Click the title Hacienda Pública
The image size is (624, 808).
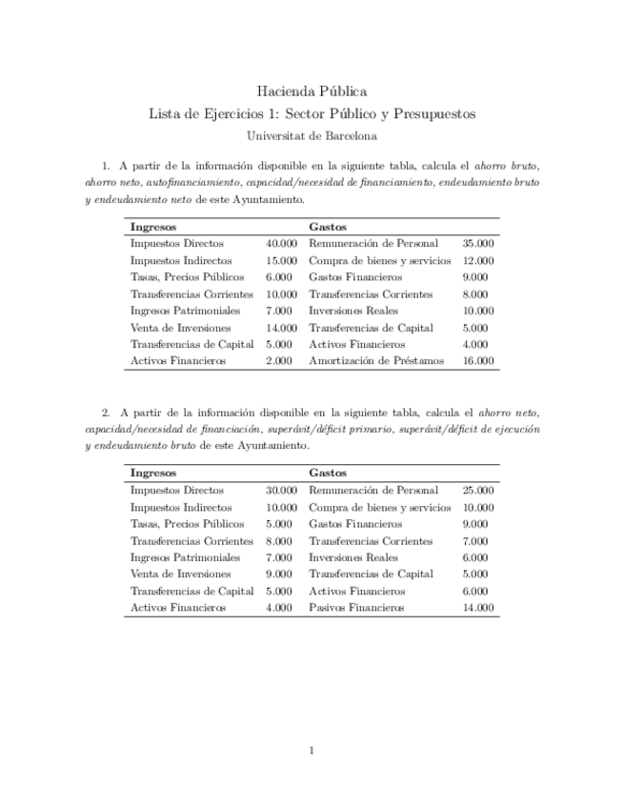click(x=312, y=91)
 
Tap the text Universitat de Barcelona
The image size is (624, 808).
click(x=312, y=136)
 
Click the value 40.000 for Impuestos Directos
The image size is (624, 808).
click(x=281, y=244)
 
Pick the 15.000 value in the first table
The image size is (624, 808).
click(x=281, y=261)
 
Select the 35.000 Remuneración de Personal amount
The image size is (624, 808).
click(x=477, y=244)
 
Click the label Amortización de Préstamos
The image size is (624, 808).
click(x=375, y=361)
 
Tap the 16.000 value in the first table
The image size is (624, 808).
click(x=477, y=361)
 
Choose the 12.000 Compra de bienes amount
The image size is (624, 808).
click(x=477, y=261)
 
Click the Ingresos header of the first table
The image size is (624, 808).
click(x=152, y=227)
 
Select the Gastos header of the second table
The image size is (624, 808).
click(x=327, y=473)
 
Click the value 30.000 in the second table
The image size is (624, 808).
click(x=281, y=490)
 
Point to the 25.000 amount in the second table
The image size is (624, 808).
click(x=477, y=490)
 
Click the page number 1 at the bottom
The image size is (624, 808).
click(x=312, y=751)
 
